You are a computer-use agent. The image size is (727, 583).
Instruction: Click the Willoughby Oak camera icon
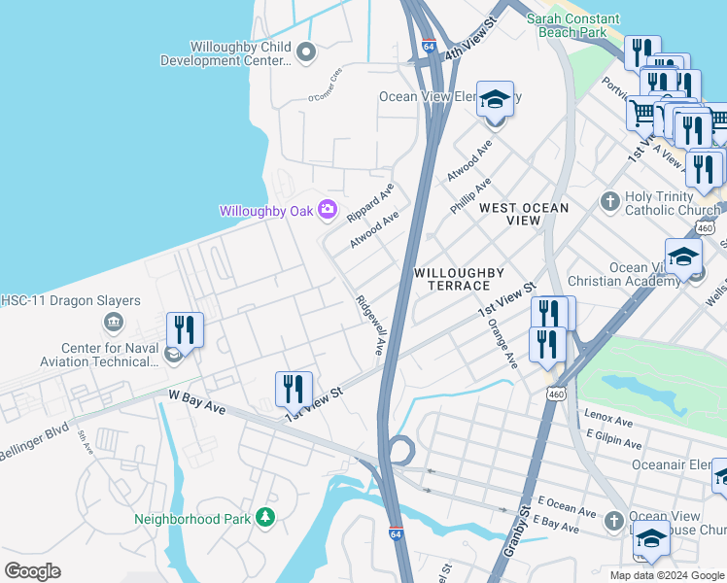pos(327,209)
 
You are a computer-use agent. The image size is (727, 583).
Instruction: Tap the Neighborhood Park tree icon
pos(264,519)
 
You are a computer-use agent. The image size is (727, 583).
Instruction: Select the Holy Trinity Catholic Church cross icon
pos(609,201)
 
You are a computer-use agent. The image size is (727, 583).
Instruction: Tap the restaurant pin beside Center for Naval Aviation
pos(184,330)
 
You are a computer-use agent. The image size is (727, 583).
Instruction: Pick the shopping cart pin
pos(642,114)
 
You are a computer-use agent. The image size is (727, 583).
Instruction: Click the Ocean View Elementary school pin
pos(495,99)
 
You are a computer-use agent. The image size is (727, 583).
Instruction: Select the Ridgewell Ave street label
pos(371,325)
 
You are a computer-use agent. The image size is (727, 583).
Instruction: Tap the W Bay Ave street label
pos(196,403)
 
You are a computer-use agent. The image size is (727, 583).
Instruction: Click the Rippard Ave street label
pos(370,201)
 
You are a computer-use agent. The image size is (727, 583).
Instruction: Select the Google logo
pos(32,570)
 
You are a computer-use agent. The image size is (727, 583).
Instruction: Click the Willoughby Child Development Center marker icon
pos(306,52)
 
